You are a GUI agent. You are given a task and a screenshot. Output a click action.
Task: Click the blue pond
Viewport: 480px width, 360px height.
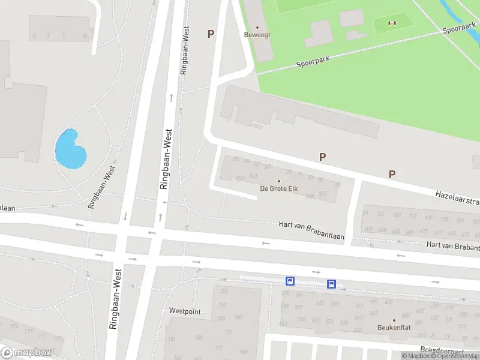70,150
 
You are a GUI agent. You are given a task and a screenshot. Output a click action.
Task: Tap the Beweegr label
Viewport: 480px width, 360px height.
257,35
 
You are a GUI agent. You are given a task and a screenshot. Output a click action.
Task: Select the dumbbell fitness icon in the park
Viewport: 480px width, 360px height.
393,23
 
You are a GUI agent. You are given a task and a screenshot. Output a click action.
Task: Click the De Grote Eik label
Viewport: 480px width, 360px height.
278,189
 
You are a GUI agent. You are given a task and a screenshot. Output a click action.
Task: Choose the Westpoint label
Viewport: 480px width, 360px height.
185,311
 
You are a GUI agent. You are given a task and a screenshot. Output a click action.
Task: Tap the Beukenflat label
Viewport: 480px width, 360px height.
394,328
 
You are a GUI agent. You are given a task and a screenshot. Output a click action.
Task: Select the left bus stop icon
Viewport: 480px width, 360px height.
290,281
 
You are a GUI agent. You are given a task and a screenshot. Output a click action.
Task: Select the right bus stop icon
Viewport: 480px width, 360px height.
331,284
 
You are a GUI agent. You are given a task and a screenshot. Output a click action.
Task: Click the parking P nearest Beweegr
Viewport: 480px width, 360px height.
211,34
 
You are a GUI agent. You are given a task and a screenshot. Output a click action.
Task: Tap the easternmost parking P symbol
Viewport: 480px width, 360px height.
392,175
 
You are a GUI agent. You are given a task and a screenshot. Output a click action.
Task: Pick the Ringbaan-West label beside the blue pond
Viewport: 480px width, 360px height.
101,187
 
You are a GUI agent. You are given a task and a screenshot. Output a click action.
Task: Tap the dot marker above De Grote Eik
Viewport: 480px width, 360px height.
278,181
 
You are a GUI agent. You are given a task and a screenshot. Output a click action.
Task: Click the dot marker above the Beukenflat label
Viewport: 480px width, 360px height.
394,320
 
